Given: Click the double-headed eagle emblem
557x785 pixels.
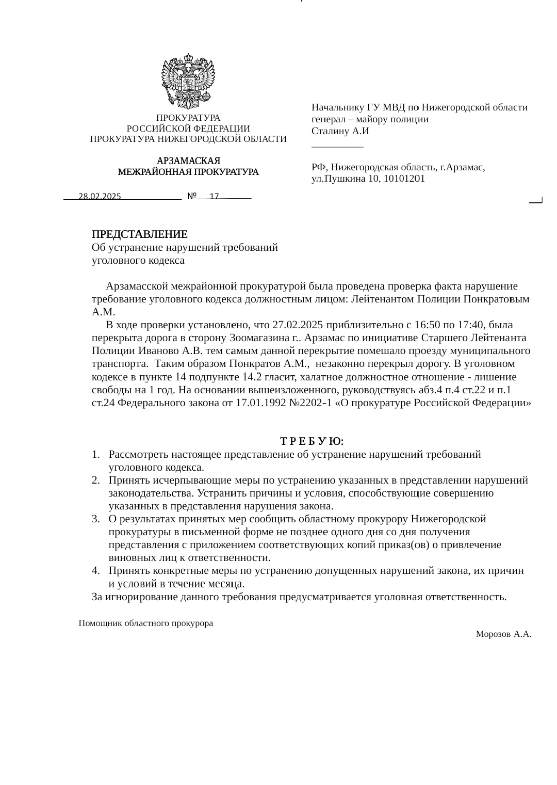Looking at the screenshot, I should click(188, 80).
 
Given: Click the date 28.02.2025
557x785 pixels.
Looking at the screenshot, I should click(100, 197).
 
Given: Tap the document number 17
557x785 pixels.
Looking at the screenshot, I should click(215, 197).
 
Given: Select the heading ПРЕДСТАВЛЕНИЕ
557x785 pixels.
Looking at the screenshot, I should click(139, 234).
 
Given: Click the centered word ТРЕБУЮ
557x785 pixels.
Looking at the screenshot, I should click(312, 442).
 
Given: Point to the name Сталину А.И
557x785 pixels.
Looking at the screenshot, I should click(340, 131).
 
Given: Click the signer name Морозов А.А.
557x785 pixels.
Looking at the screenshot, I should click(503, 634).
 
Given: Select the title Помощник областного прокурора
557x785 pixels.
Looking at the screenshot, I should click(146, 623).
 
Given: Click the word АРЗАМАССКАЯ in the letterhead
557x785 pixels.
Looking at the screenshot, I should click(188, 161).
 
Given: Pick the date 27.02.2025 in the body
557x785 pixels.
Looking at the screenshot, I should click(298, 325).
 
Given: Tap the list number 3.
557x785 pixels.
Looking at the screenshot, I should click(95, 519).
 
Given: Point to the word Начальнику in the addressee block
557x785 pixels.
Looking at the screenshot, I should click(337, 107).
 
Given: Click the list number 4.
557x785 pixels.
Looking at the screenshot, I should click(95, 571).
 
